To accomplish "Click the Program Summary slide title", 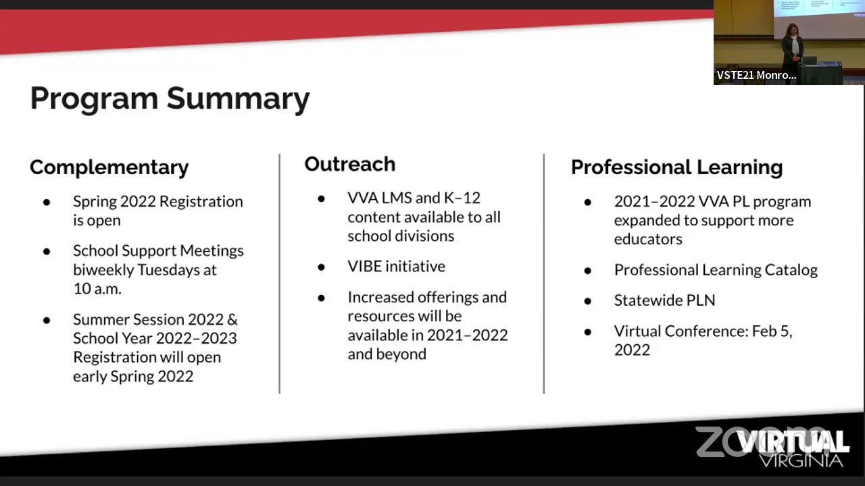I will pyautogui.click(x=170, y=99).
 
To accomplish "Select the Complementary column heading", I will pyautogui.click(x=109, y=167).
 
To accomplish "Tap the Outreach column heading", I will pyautogui.click(x=349, y=164).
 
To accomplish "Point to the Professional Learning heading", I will pyautogui.click(x=676, y=167).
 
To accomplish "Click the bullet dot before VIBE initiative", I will pyautogui.click(x=322, y=267).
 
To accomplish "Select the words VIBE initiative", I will pyautogui.click(x=396, y=267).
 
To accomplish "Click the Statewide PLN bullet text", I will pyautogui.click(x=664, y=300).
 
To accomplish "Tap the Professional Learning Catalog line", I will pyautogui.click(x=716, y=270).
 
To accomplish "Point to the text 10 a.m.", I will pyautogui.click(x=97, y=288).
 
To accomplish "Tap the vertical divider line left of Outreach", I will pyautogui.click(x=279, y=273).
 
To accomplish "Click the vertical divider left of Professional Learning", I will pyautogui.click(x=543, y=273).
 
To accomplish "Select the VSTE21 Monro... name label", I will pyautogui.click(x=756, y=75).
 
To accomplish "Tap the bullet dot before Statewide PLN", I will pyautogui.click(x=588, y=301).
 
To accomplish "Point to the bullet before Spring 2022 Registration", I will pyautogui.click(x=47, y=202).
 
